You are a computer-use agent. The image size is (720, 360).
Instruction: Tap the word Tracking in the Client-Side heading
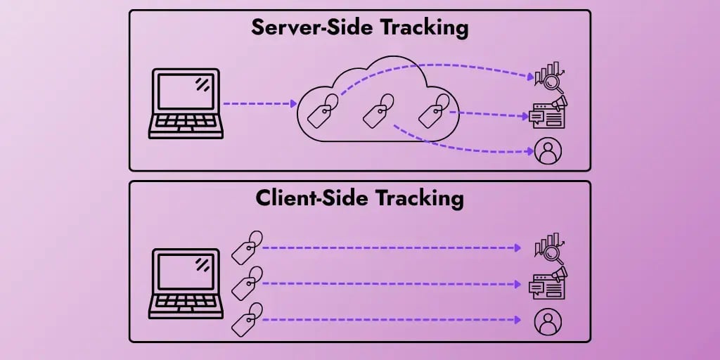coord(420,198)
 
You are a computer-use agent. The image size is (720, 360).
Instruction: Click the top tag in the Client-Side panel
coord(247,247)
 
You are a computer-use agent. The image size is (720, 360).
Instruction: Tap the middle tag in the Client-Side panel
coord(247,283)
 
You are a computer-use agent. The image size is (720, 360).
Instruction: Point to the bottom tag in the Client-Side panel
coord(247,319)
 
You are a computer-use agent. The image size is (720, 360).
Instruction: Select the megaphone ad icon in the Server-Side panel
coord(548,112)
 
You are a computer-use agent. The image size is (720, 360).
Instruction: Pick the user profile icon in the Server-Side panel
coord(547,151)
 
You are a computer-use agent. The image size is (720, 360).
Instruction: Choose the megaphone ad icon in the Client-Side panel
coord(548,283)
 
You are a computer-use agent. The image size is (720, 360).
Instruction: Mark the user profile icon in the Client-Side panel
coord(547,321)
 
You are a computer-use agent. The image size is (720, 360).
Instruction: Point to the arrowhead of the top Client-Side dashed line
coord(518,248)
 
